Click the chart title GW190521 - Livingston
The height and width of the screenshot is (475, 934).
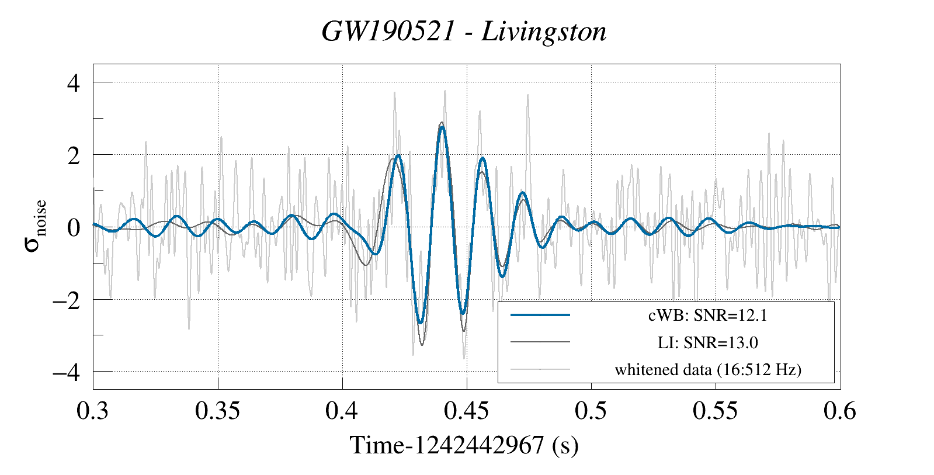464,32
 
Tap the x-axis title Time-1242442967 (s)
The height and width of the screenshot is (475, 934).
464,446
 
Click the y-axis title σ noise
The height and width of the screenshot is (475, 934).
35,226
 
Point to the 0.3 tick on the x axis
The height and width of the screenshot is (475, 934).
93,411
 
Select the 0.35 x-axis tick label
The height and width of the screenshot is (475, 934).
217,411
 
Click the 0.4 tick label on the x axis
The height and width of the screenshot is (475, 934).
342,411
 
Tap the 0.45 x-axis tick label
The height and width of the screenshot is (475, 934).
467,411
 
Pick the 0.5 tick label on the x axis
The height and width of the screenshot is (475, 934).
591,411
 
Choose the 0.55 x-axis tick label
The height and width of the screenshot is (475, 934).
716,411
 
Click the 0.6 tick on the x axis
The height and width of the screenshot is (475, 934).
840,411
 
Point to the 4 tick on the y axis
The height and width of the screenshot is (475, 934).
73,82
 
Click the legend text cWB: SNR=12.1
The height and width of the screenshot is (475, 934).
707,315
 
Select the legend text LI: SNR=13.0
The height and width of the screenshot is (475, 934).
707,342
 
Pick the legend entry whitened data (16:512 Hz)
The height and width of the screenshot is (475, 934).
707,369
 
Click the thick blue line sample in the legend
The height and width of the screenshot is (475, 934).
540,315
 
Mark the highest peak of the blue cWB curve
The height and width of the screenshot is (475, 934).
442,127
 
